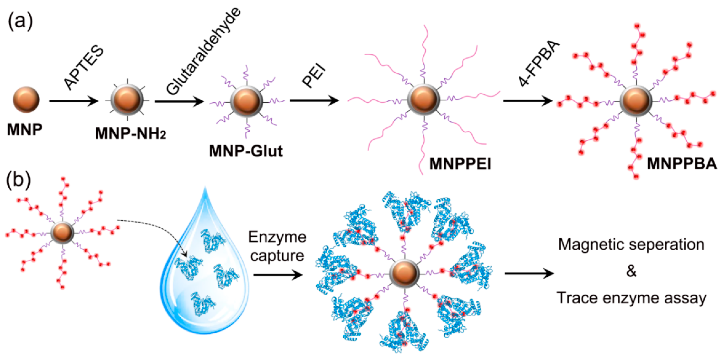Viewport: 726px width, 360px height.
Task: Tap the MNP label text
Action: click(25, 130)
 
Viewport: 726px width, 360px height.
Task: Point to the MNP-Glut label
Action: click(246, 151)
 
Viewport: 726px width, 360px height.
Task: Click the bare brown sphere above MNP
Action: click(26, 99)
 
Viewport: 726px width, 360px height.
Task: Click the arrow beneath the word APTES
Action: click(73, 101)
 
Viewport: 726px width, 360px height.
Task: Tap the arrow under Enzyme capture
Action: click(278, 274)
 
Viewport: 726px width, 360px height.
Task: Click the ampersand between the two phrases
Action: click(631, 271)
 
